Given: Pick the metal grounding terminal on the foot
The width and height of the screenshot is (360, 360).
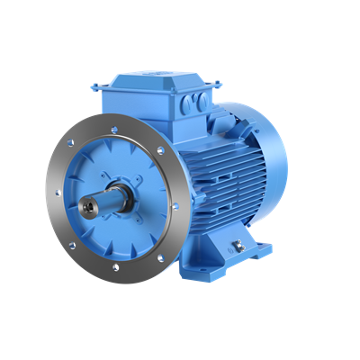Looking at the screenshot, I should [239, 244].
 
